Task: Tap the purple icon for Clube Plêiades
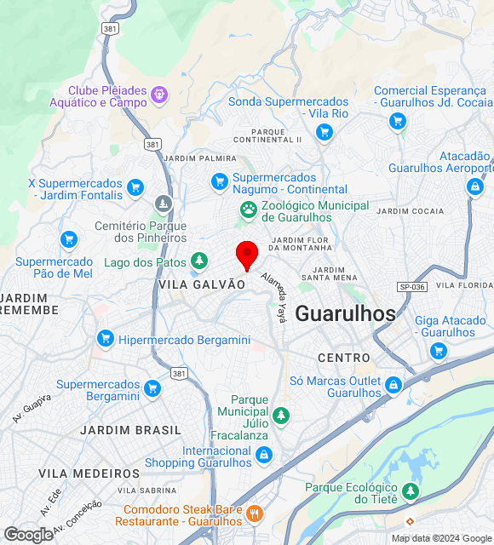coord(159,93)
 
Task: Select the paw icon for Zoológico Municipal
coord(249,209)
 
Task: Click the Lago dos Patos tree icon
coord(199,260)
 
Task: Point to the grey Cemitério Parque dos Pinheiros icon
coord(164,204)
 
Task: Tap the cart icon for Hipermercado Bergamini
coord(106,338)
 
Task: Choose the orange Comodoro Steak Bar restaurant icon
coord(254,513)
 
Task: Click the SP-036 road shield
coord(411,287)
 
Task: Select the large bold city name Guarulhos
coord(345,313)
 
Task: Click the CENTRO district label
coord(344,358)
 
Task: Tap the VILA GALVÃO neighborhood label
coord(202,285)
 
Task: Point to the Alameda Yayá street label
coord(274,296)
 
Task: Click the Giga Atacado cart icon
coord(439,350)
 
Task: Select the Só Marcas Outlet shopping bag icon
coord(393,385)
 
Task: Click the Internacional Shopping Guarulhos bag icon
coord(263,456)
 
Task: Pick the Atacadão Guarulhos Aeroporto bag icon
coord(475,186)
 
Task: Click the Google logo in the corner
coord(28,534)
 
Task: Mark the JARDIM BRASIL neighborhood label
coord(131,430)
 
